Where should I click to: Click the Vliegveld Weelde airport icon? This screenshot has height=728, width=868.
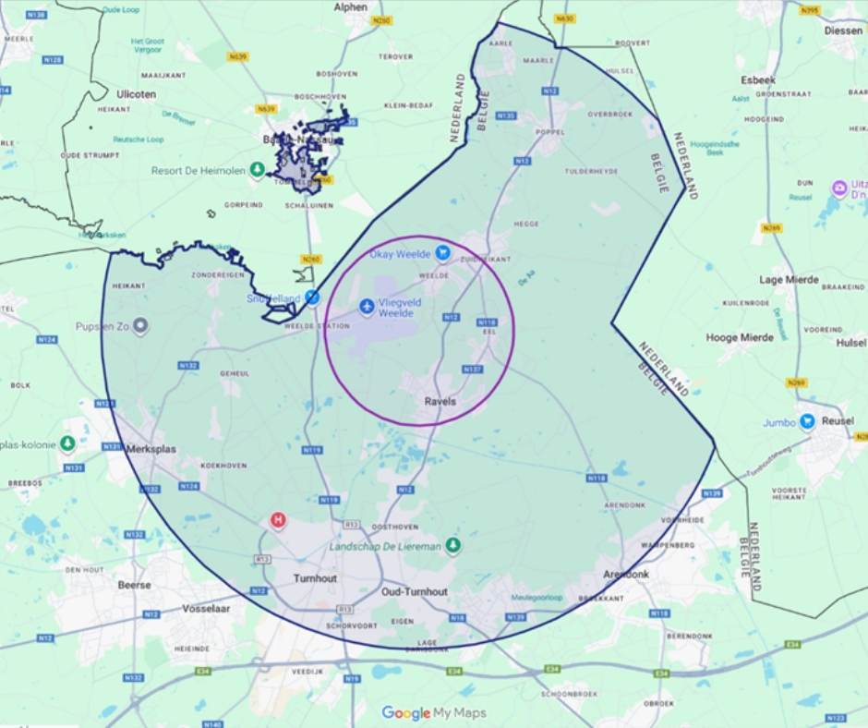[x=368, y=305]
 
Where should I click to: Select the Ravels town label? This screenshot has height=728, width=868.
[x=440, y=402]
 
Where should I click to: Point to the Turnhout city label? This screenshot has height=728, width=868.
[x=315, y=578]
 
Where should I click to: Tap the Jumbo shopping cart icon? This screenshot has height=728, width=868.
[x=807, y=421]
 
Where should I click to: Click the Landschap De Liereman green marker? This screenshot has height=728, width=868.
[x=452, y=546]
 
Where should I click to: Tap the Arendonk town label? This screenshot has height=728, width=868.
[x=626, y=574]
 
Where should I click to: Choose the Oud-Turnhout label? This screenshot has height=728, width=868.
[x=415, y=591]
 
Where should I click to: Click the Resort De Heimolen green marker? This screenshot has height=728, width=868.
[x=258, y=170]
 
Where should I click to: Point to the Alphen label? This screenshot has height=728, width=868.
[x=350, y=6]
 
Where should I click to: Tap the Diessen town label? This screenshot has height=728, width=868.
[x=842, y=30]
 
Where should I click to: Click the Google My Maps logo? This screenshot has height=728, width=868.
[x=434, y=713]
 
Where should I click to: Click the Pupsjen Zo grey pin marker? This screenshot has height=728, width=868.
[x=140, y=325]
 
